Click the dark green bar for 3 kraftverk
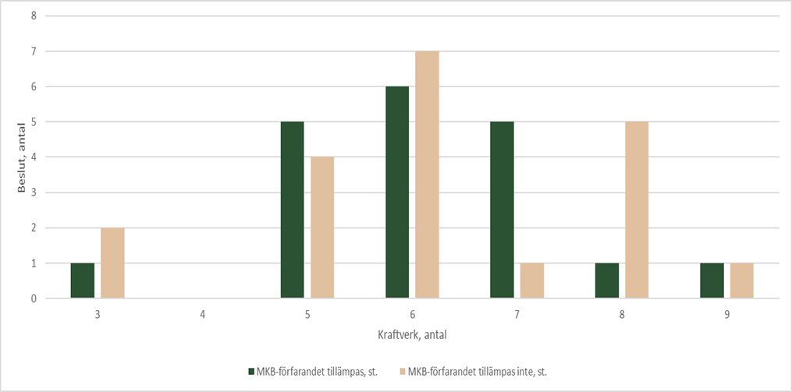[x=82, y=281]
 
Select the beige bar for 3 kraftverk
[x=112, y=263]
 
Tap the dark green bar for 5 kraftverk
[x=292, y=210]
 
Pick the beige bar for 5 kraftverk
[x=322, y=228]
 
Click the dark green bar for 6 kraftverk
[x=397, y=192]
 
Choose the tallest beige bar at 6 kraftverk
[x=427, y=175]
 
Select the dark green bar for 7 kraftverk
[x=502, y=210]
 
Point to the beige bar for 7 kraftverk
[x=531, y=281]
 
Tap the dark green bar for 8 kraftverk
[x=606, y=281]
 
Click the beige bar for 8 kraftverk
[x=637, y=210]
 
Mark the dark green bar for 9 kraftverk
[x=712, y=281]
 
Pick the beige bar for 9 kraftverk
[x=741, y=281]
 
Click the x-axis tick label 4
[x=202, y=315]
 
